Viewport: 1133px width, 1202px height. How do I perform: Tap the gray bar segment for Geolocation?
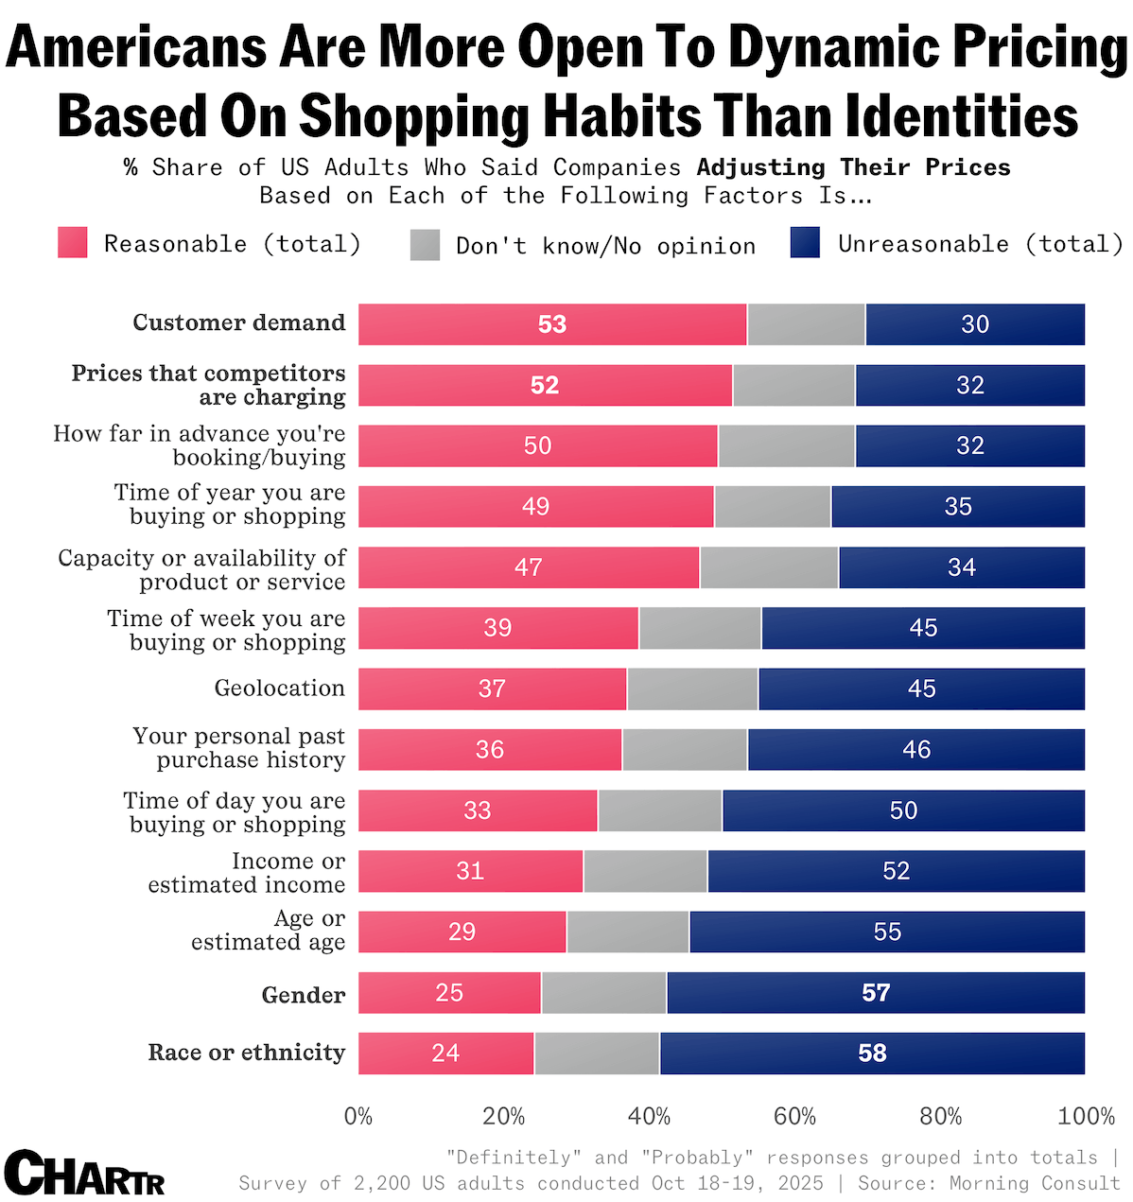[692, 688]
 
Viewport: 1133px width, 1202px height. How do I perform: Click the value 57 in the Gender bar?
[876, 992]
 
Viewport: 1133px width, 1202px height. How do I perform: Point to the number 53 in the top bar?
[552, 324]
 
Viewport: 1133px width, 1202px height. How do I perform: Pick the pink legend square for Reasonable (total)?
[73, 243]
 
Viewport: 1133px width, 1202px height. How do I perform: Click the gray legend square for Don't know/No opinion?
[426, 245]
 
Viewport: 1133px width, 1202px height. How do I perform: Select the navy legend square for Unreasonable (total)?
[805, 243]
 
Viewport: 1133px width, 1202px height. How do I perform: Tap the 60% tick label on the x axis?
[794, 1117]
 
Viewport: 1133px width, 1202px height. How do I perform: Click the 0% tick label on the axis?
[358, 1117]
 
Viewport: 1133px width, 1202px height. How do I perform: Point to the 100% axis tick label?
[1086, 1117]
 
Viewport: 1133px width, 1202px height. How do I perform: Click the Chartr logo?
[84, 1174]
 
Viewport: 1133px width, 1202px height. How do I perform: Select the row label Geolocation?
[279, 688]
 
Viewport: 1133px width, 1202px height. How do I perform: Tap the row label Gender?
[303, 995]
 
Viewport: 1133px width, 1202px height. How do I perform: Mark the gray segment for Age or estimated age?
[628, 932]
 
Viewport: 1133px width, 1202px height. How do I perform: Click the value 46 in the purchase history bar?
[916, 750]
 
